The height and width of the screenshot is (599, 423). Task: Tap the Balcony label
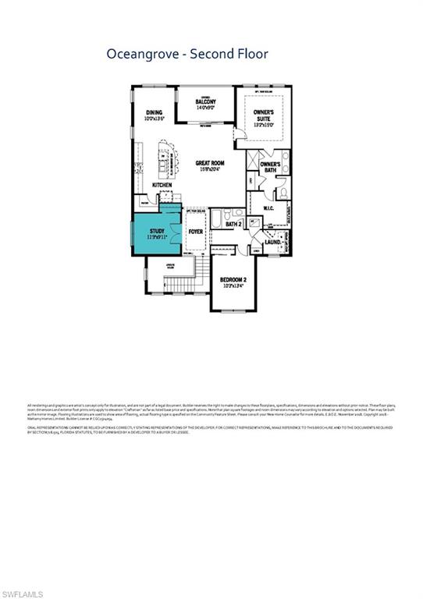click(205, 102)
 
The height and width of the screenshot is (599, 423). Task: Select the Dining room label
click(154, 112)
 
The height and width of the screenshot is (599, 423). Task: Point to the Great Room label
click(210, 163)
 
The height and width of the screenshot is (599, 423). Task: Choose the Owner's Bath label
click(270, 168)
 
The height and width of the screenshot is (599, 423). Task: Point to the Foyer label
click(195, 231)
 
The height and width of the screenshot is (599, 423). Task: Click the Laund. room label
click(273, 242)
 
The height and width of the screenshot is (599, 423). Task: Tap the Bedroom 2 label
click(233, 279)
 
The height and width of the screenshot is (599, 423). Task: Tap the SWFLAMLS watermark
click(23, 594)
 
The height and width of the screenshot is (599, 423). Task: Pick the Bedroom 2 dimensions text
click(233, 285)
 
